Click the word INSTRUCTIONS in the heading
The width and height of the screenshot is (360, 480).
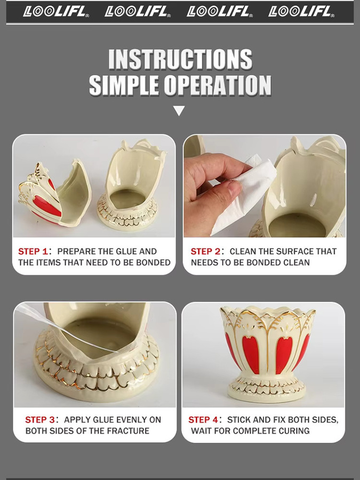pos(180,59)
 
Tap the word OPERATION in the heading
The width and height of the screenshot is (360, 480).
pos(218,85)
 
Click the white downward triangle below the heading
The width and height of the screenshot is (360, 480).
pos(179,110)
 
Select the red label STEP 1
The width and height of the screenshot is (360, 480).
pos(33,251)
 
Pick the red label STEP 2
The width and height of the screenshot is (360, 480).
pos(205,251)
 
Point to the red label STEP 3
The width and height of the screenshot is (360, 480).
pos(40,420)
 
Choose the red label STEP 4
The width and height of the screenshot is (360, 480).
pos(203,420)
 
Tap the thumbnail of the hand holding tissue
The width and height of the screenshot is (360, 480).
pos(265,186)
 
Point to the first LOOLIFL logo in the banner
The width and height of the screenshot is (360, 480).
pos(56,12)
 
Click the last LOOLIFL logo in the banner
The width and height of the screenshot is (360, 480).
pos(301,12)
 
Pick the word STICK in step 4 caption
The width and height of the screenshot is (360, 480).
pos(237,420)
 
